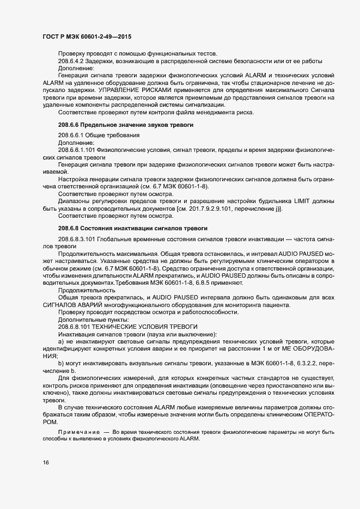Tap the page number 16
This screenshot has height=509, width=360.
(45, 463)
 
